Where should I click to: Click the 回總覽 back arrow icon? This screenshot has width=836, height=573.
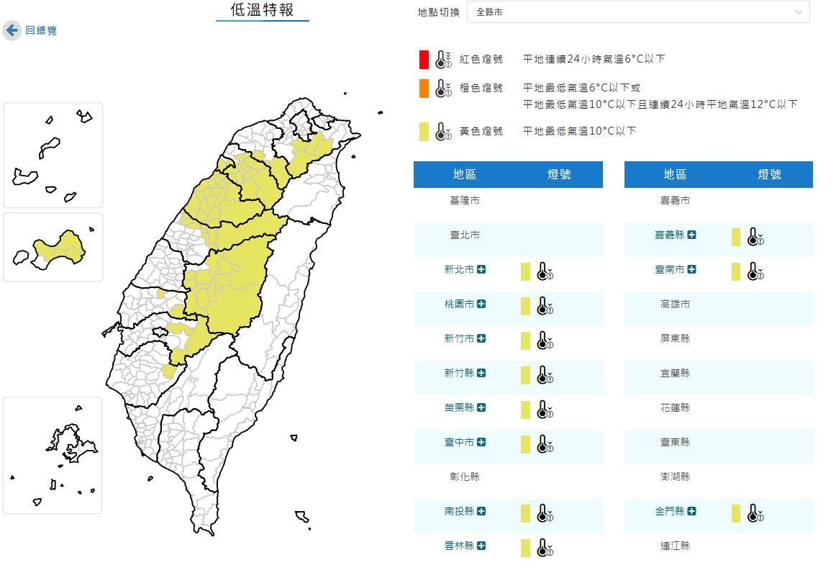click(12, 30)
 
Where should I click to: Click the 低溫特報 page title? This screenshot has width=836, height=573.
click(262, 10)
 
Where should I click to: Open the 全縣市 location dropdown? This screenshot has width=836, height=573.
click(637, 12)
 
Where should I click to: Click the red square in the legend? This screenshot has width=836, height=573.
click(424, 59)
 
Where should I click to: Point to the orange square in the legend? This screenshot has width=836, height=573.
click(424, 89)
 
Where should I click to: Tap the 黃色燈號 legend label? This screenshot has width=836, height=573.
click(481, 131)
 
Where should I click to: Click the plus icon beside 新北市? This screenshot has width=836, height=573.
click(481, 269)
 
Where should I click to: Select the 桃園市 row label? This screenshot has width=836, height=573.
click(459, 304)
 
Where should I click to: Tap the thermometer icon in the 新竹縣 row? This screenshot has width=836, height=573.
click(545, 375)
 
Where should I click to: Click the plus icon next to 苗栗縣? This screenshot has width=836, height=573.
click(481, 407)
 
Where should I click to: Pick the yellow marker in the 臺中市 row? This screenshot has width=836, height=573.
click(525, 444)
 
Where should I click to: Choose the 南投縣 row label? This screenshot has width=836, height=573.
click(459, 511)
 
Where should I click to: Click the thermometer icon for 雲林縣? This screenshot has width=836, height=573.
click(545, 548)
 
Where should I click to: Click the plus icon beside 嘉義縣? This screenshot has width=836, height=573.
click(691, 235)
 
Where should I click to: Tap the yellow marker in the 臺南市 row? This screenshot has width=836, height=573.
click(736, 271)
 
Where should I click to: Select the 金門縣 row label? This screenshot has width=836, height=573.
click(669, 511)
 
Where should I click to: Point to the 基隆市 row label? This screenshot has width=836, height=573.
click(464, 200)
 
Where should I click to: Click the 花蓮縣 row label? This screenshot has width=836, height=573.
click(675, 407)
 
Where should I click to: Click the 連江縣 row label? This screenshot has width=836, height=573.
click(675, 546)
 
